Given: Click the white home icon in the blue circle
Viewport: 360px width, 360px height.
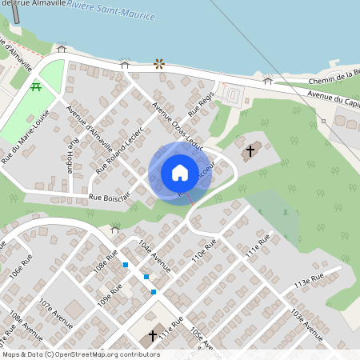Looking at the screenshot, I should [x=180, y=173].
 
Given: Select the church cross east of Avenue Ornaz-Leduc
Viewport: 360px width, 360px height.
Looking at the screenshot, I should [x=250, y=150].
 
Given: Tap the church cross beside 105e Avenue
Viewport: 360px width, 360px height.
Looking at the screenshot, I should [x=153, y=336].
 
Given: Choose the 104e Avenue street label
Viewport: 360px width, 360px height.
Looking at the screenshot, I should [x=154, y=254].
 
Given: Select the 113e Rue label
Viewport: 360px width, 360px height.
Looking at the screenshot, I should [x=307, y=279].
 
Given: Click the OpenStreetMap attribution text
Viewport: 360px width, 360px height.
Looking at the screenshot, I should [x=81, y=354].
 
